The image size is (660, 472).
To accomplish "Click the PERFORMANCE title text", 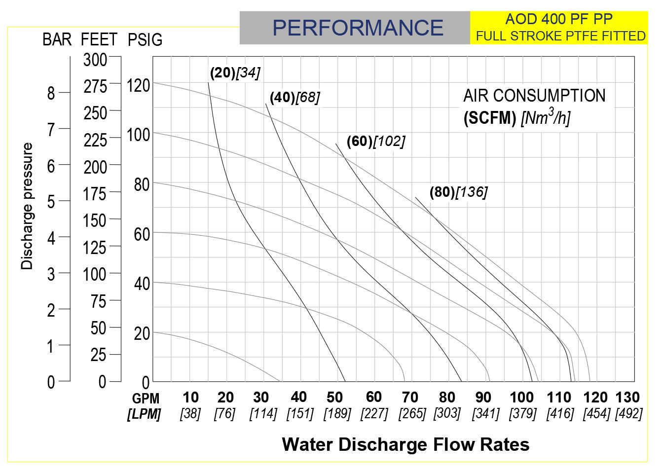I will (358, 28).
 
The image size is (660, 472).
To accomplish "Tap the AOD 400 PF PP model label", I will (559, 19).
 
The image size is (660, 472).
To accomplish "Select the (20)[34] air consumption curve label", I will (235, 73).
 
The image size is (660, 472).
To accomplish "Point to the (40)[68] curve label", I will (294, 97).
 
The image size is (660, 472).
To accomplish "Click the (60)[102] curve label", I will (375, 142).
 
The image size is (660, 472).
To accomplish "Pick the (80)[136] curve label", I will (458, 192).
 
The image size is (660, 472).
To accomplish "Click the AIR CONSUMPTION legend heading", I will (534, 96).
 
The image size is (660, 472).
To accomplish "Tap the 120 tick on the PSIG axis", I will (138, 85).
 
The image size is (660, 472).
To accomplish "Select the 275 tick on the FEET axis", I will (95, 87).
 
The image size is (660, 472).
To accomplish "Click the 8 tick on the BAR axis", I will (51, 93).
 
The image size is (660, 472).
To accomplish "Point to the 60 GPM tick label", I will (374, 397).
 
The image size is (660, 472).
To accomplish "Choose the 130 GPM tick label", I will (627, 398).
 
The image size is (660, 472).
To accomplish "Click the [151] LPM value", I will (300, 413).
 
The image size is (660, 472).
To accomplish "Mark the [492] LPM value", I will (628, 413).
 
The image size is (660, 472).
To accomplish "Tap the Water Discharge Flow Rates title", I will (405, 444).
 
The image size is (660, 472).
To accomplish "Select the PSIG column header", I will (145, 39).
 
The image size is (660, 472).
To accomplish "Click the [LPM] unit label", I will (144, 414).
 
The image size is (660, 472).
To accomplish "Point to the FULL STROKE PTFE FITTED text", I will (560, 36).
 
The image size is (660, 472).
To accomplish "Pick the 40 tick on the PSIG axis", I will (142, 284).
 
